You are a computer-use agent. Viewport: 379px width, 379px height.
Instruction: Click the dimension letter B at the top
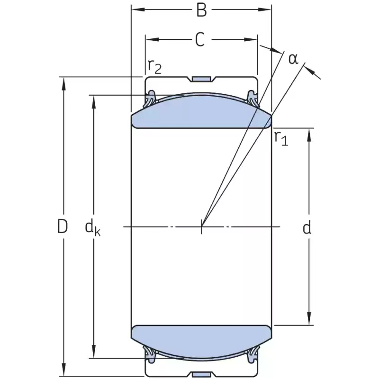tap(202, 10)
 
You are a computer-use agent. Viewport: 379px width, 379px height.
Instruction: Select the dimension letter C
tap(200, 39)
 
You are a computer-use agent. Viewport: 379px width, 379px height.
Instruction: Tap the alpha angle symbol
tap(293, 59)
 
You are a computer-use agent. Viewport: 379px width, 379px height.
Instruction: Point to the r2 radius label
tap(154, 66)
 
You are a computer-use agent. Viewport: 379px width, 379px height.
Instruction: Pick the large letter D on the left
tap(62, 226)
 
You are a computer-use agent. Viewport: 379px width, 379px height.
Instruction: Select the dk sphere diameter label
tap(92, 228)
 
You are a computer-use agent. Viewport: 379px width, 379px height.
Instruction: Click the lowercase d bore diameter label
tap(307, 227)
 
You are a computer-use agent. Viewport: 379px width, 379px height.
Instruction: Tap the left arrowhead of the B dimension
tap(138, 9)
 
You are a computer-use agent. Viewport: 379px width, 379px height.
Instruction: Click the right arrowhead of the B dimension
tap(265, 9)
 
